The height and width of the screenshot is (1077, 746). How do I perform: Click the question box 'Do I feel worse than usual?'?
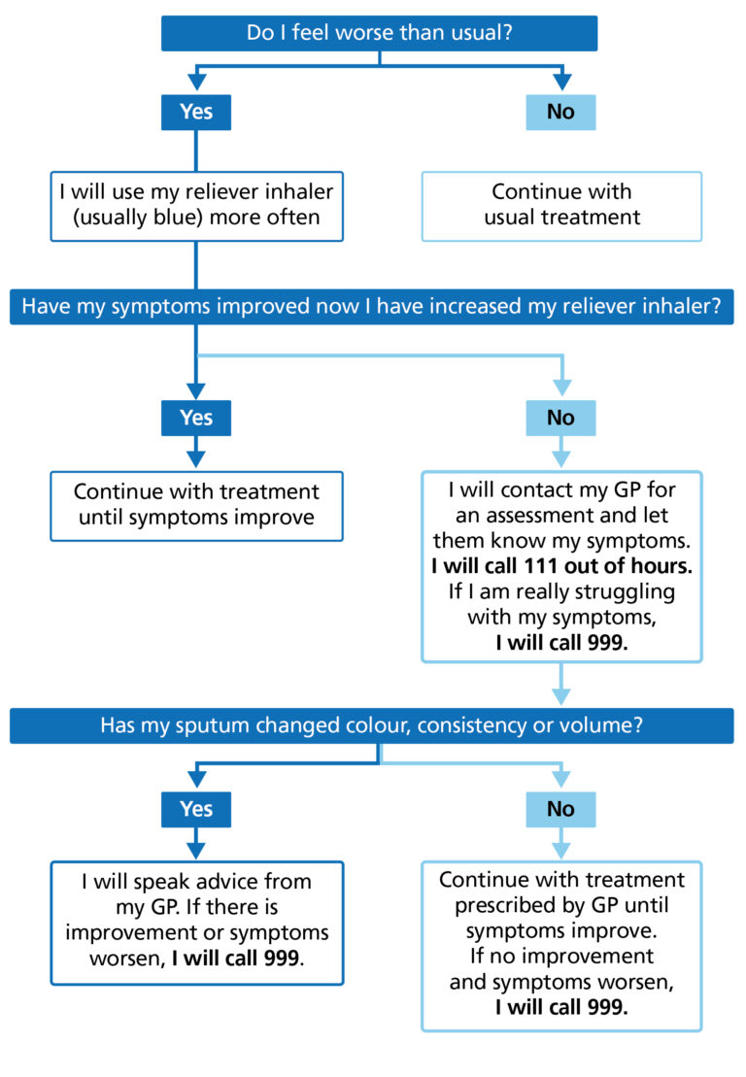(379, 33)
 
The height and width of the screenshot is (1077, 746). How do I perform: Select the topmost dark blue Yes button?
(196, 112)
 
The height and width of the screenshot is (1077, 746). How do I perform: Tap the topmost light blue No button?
(560, 112)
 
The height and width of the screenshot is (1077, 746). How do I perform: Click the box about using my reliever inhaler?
(196, 205)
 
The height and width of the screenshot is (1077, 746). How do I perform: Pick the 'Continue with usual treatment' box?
(561, 205)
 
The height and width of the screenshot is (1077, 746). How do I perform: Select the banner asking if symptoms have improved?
(372, 307)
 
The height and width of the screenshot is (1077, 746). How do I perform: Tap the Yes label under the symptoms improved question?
(196, 418)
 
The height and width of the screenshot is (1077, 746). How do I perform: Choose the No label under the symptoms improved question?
(560, 418)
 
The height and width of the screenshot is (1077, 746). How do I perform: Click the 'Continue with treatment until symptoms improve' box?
(196, 505)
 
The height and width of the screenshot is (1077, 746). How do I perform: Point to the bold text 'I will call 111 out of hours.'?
(561, 565)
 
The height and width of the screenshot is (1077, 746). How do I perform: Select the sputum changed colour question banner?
(372, 725)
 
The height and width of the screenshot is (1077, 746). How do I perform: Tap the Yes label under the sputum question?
(196, 809)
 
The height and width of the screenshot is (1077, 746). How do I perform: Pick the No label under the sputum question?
(560, 809)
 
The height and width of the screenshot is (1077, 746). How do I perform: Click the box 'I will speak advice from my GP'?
(196, 922)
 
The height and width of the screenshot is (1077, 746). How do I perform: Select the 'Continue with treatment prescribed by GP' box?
(561, 944)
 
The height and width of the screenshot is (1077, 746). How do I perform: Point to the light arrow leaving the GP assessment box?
(561, 686)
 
